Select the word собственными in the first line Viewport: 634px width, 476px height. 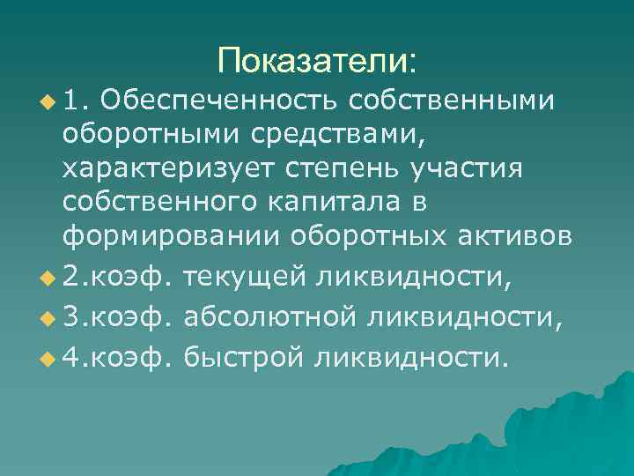click(452, 101)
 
